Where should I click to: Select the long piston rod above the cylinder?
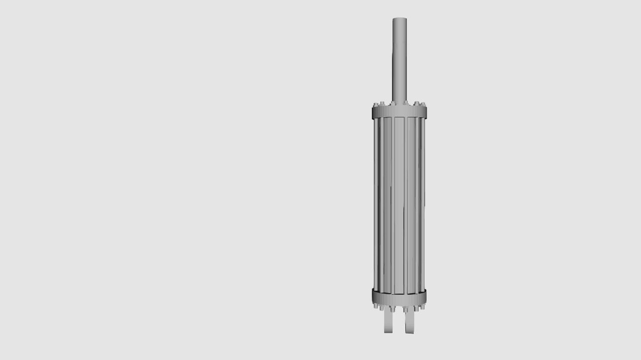[x=399, y=60]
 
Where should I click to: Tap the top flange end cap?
[x=399, y=112]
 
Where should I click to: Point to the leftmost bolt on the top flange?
[x=374, y=106]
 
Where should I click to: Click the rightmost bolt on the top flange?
[x=425, y=105]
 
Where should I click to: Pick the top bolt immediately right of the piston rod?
[x=406, y=103]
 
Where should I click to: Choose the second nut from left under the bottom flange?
[x=382, y=308]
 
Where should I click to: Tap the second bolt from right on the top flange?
[x=416, y=104]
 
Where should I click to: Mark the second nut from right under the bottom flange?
[x=417, y=308]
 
